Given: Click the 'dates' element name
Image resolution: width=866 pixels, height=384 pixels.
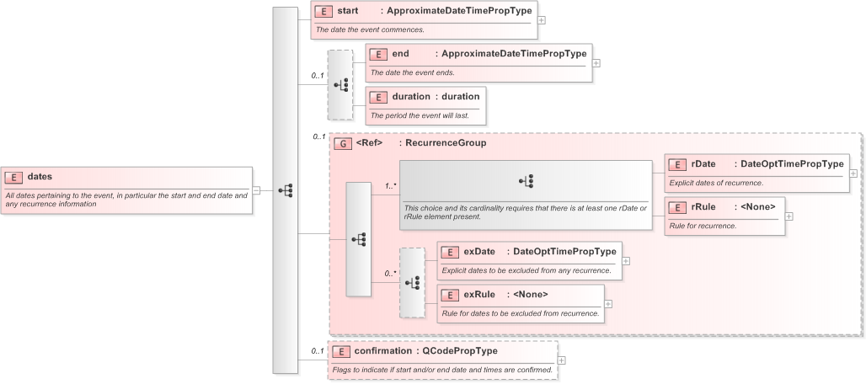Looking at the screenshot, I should pyautogui.click(x=40, y=177).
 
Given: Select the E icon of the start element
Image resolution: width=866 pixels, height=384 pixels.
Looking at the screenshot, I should pyautogui.click(x=323, y=12).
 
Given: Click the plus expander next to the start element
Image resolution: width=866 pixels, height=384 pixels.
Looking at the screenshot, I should pyautogui.click(x=542, y=20).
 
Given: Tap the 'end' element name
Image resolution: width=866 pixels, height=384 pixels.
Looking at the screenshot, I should pyautogui.click(x=400, y=54).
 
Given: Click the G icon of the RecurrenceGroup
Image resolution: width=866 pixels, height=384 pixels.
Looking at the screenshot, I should pyautogui.click(x=342, y=143).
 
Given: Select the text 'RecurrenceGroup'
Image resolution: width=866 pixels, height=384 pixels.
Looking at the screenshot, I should pyautogui.click(x=446, y=143).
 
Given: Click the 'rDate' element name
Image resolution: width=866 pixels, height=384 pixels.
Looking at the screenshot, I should pyautogui.click(x=703, y=163).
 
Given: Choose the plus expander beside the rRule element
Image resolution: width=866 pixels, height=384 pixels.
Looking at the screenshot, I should pyautogui.click(x=789, y=216).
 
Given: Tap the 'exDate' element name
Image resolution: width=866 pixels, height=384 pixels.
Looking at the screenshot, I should pyautogui.click(x=478, y=251).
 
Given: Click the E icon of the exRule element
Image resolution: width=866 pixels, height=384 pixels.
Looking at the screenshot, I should pyautogui.click(x=450, y=295).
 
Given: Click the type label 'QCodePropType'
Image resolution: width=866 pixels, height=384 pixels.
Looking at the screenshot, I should pyautogui.click(x=460, y=350).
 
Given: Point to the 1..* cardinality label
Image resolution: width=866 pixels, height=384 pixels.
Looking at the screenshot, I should pyautogui.click(x=391, y=185).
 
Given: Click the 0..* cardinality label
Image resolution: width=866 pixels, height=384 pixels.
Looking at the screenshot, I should pyautogui.click(x=391, y=273).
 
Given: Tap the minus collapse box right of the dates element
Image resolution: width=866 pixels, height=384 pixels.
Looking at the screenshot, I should pyautogui.click(x=256, y=190).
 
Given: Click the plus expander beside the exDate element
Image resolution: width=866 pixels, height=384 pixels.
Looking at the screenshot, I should pyautogui.click(x=626, y=261).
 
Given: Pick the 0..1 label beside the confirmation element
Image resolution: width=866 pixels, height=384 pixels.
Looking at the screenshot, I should pyautogui.click(x=318, y=350).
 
